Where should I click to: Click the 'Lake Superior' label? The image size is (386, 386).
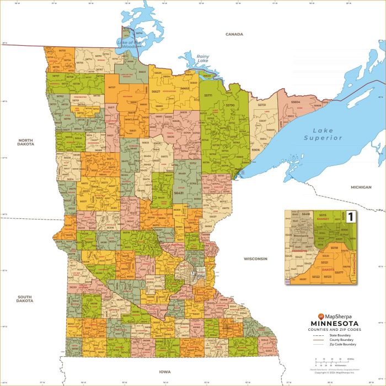[x=323, y=134]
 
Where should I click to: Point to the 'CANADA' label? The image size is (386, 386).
[x=234, y=34]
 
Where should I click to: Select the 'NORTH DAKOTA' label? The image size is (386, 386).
[x=26, y=143]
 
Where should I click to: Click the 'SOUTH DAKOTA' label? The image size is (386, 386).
[x=24, y=299]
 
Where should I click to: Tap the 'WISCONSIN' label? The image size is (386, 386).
[x=255, y=258]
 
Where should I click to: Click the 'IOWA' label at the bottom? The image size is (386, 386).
[x=165, y=372]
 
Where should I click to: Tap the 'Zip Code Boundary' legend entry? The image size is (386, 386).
[x=343, y=344]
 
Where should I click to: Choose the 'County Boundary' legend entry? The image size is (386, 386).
[x=342, y=340]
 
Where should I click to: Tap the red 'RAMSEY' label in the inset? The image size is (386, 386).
[x=323, y=219]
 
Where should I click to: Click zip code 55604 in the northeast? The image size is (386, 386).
[x=296, y=102]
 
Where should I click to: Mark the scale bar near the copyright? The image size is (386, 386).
[x=326, y=363]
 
